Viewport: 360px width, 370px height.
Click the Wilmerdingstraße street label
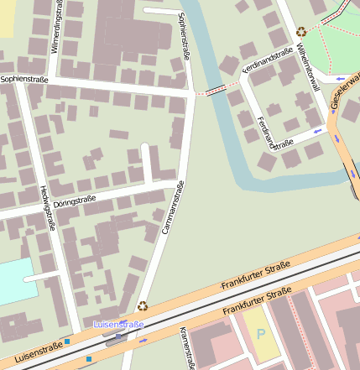(56, 28)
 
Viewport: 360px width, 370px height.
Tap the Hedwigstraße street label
(48, 207)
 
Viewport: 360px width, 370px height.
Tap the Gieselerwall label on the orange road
(347, 92)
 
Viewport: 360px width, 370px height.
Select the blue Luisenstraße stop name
(118, 324)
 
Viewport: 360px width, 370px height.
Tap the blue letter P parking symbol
(260, 333)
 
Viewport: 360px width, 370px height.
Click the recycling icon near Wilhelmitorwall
(301, 32)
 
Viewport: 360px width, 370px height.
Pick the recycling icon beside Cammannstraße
(143, 306)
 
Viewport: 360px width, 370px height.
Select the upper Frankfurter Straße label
(255, 275)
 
